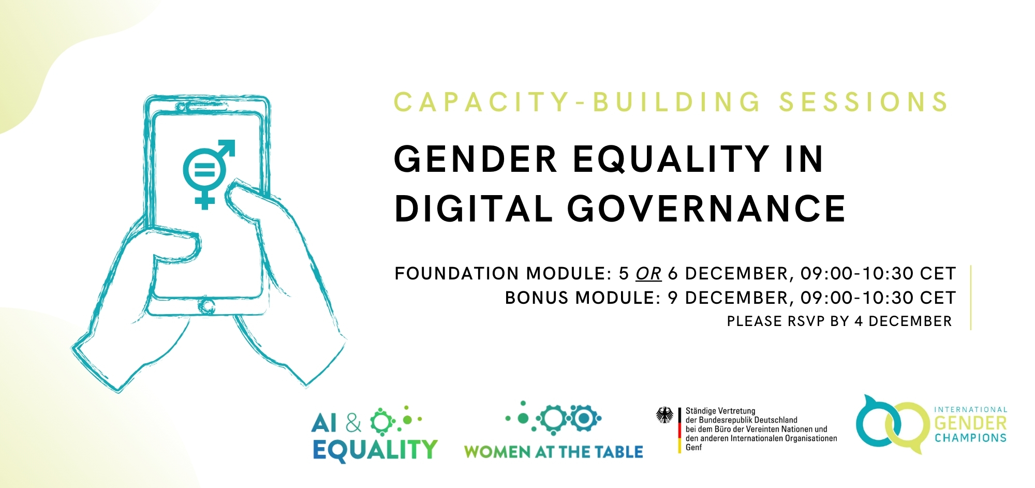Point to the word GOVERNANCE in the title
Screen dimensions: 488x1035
(x=706, y=209)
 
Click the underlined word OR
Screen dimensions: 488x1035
(x=648, y=273)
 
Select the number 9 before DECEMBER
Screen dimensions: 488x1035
(x=673, y=298)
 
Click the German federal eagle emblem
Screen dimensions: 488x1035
(x=665, y=415)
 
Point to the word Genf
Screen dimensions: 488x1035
(x=694, y=448)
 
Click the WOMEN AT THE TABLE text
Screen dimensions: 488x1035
(x=553, y=452)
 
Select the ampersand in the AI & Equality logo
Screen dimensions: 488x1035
(x=353, y=423)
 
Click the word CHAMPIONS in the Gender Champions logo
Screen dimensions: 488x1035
(x=970, y=438)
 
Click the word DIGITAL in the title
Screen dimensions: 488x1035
(x=474, y=209)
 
